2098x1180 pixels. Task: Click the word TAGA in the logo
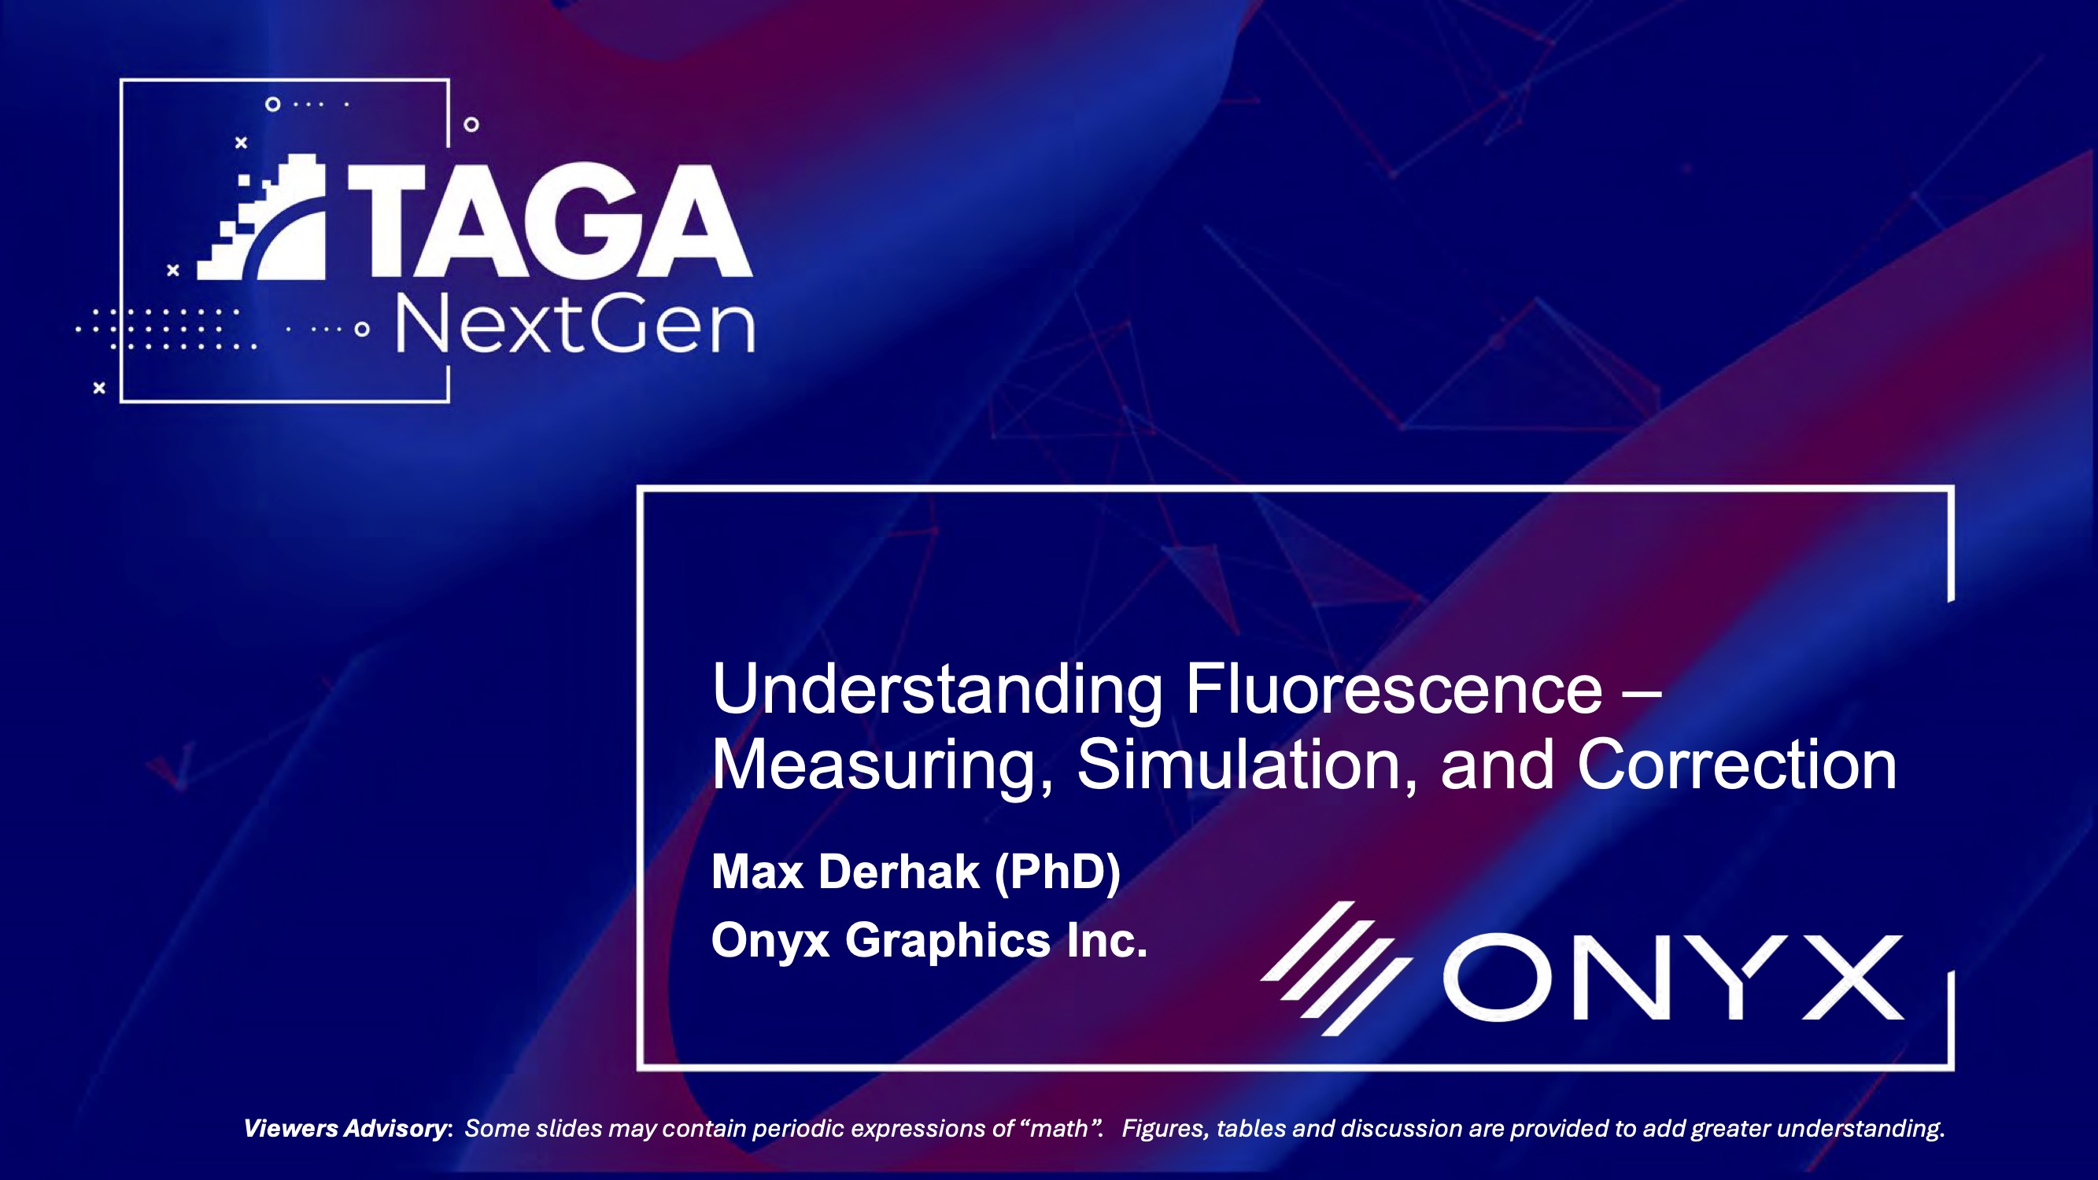pyautogui.click(x=550, y=222)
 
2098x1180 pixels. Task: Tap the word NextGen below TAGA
pyautogui.click(x=575, y=326)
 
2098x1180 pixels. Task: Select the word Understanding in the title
pyautogui.click(x=936, y=691)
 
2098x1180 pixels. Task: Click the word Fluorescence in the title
pyautogui.click(x=1394, y=691)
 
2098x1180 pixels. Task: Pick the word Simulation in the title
pyautogui.click(x=1246, y=765)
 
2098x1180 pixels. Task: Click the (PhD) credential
pyautogui.click(x=1057, y=872)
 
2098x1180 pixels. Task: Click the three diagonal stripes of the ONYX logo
pyautogui.click(x=1335, y=969)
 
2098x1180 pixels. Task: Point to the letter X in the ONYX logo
pyautogui.click(x=1852, y=977)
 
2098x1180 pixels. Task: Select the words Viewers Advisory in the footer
pyautogui.click(x=345, y=1129)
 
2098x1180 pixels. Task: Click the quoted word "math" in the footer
pyautogui.click(x=1058, y=1129)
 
